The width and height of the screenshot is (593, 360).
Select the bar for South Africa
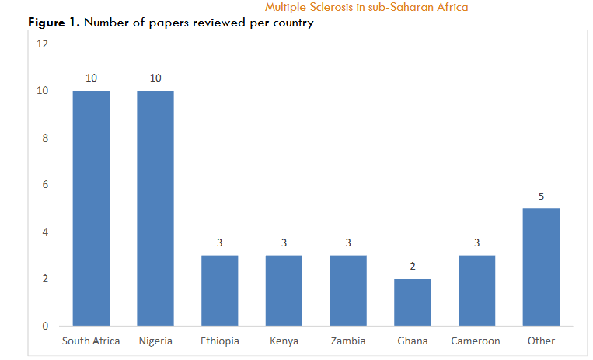[x=91, y=208]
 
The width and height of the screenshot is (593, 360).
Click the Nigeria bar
[x=155, y=208]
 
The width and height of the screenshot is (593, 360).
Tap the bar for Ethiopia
[x=219, y=290]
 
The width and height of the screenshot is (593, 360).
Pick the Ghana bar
[x=412, y=302]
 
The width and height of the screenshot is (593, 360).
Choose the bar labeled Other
[x=540, y=267]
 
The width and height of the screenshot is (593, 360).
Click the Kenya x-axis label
[x=284, y=341]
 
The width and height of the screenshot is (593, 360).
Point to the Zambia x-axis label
[x=347, y=341]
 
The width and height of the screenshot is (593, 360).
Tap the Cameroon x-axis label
[x=476, y=341]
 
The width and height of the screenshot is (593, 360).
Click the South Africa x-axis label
[x=91, y=341]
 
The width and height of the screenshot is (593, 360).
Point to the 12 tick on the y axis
[x=43, y=44]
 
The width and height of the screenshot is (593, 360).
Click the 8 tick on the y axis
[x=44, y=138]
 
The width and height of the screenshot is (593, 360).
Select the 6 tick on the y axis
[x=44, y=185]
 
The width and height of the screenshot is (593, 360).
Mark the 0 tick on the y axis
[x=44, y=326]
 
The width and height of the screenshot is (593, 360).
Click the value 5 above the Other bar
[x=540, y=196]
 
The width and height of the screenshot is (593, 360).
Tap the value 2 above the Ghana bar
[x=412, y=266]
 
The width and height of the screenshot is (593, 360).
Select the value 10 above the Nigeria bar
[x=155, y=79]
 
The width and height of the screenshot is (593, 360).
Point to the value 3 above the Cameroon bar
[x=476, y=243]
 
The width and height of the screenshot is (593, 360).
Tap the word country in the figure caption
[x=292, y=23]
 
